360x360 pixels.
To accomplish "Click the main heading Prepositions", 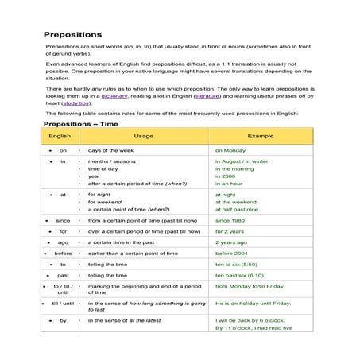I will click(72, 35).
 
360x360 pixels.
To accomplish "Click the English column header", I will click(60, 137).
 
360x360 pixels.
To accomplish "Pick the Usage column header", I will click(144, 137).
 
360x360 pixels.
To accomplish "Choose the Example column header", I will click(260, 137).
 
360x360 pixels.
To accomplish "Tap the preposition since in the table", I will click(63, 220).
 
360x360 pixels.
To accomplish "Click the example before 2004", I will click(232, 254).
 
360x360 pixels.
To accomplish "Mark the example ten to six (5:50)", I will click(239, 265).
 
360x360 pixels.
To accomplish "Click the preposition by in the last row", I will click(63, 320).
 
